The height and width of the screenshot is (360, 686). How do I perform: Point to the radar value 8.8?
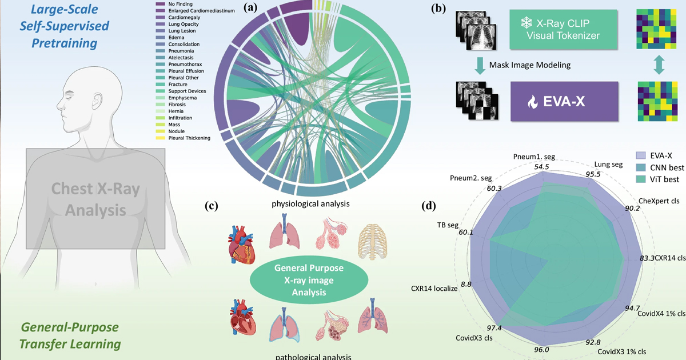[x=466, y=284]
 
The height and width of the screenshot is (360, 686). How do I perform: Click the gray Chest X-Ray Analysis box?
[x=95, y=199]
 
